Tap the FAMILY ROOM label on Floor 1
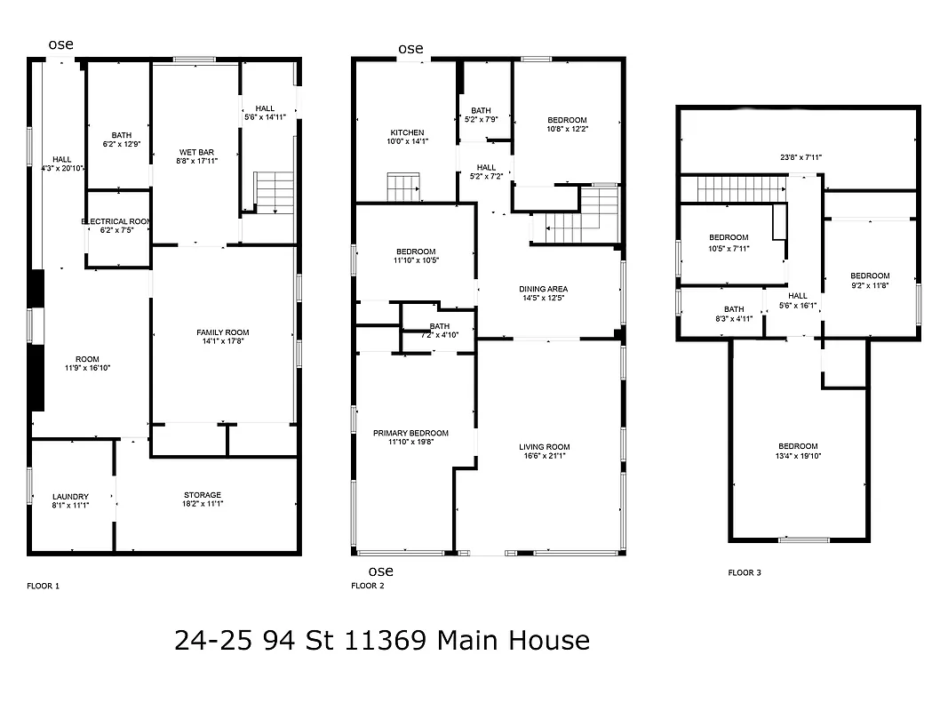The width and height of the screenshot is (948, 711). click(x=223, y=332)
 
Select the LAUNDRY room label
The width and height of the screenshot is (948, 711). click(x=70, y=497)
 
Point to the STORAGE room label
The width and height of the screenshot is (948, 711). click(x=203, y=495)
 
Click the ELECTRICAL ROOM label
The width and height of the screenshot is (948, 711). click(x=117, y=221)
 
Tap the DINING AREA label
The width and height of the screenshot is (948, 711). click(x=544, y=289)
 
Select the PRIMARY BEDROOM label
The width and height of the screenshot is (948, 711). click(x=410, y=433)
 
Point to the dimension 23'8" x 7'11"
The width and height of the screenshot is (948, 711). click(x=801, y=157)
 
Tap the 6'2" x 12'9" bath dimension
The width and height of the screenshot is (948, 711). click(x=122, y=144)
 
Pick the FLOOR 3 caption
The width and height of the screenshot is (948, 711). click(x=745, y=573)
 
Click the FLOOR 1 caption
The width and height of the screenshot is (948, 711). click(x=44, y=586)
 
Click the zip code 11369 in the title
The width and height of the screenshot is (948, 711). click(x=386, y=640)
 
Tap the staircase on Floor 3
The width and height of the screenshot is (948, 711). click(x=741, y=188)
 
